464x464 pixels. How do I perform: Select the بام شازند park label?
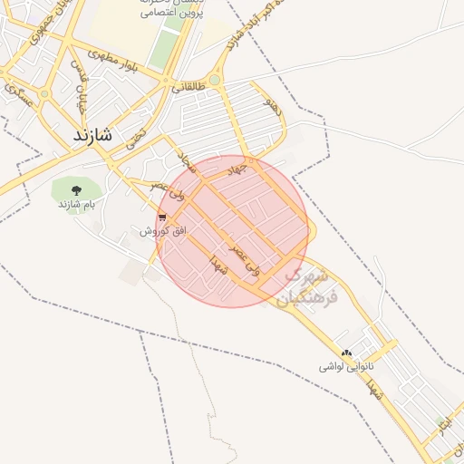click(77, 205)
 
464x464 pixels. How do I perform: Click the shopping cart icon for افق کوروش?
click(162, 217)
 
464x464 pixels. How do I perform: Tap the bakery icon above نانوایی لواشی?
click(345, 353)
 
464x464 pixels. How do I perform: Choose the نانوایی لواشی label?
click(345, 368)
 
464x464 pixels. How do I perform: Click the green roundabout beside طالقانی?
click(214, 81)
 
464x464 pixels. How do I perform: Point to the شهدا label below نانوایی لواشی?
click(374, 391)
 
